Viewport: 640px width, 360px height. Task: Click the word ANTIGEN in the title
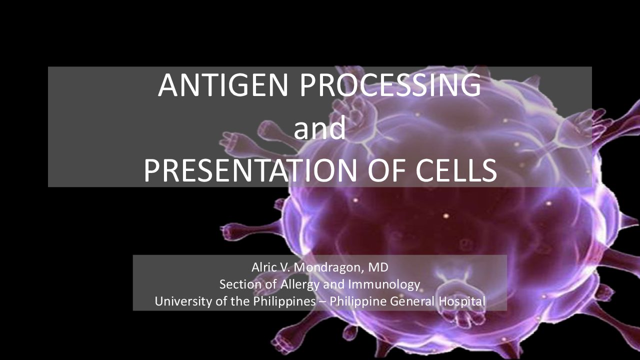(222, 85)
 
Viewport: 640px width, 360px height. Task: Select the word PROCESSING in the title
(390, 85)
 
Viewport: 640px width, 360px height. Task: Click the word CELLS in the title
(456, 170)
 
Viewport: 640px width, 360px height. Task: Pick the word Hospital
(461, 301)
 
